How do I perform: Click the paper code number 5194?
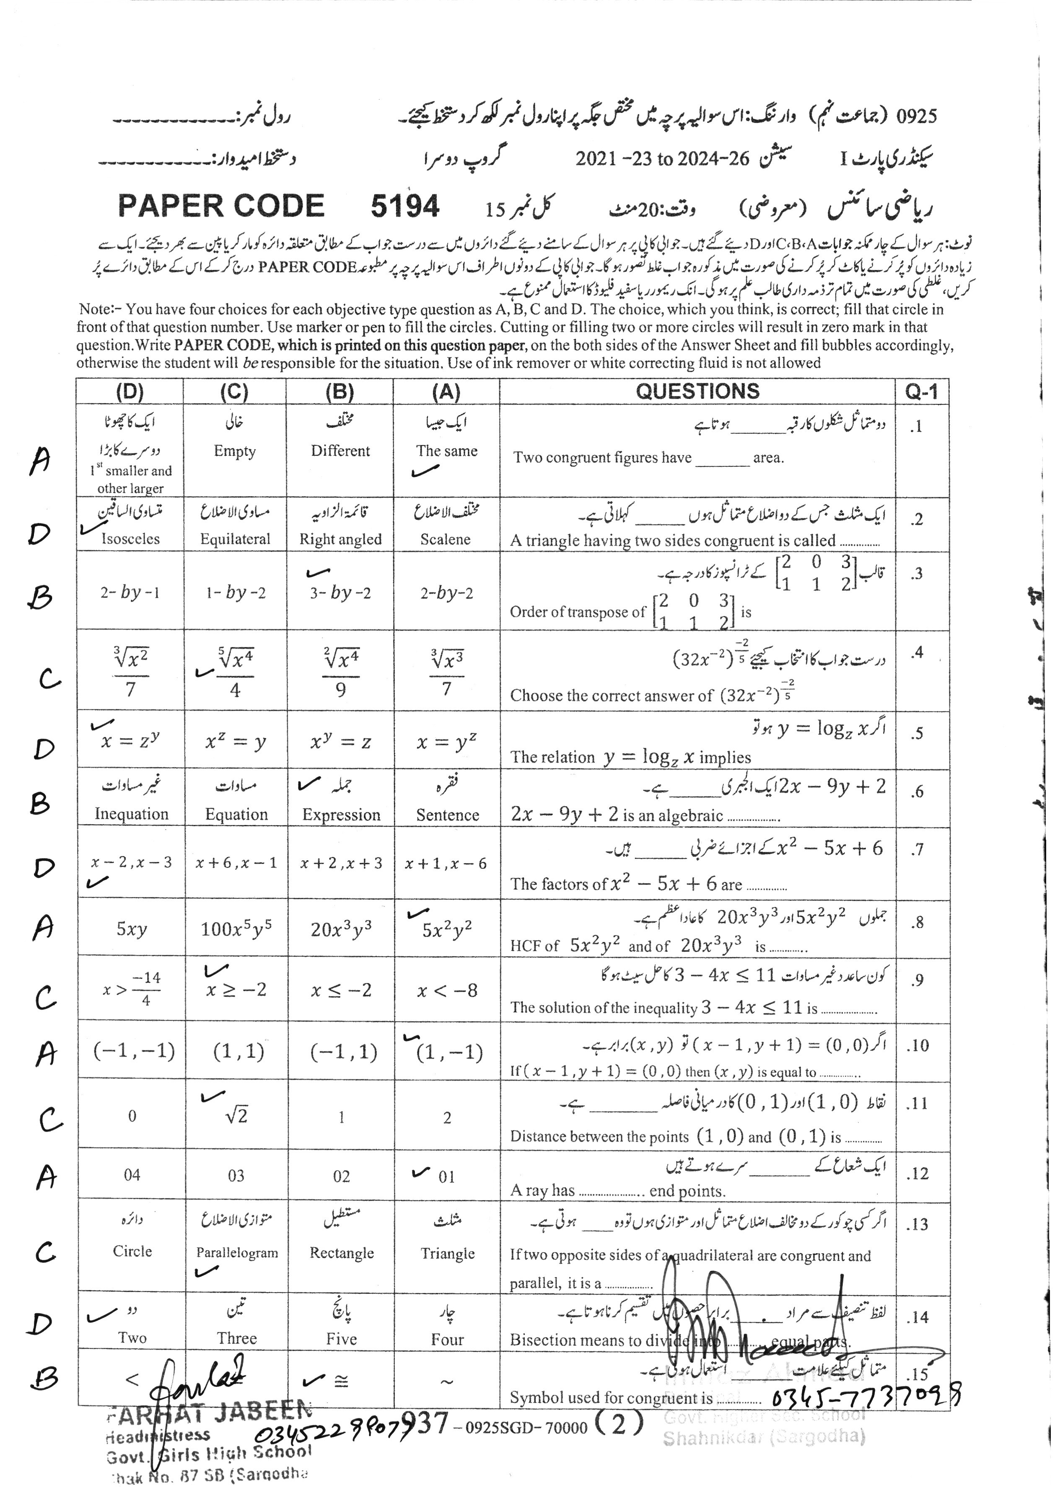[405, 207]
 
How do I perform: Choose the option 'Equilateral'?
[235, 539]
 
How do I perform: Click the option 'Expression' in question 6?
[341, 815]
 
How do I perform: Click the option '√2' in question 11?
[236, 1116]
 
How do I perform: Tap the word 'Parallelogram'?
[237, 1253]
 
